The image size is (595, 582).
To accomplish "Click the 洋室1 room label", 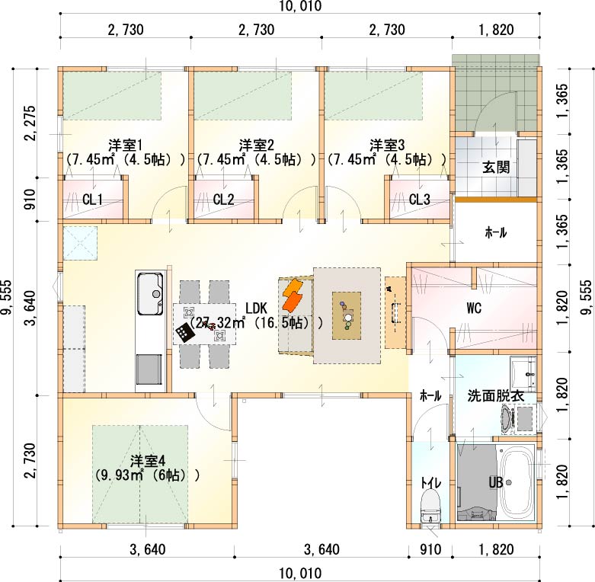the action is click(x=125, y=145).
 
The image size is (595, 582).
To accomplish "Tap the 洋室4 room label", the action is click(x=148, y=462).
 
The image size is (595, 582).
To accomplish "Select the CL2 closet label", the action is click(x=223, y=199).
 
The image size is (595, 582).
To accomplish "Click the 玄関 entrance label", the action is click(x=496, y=168).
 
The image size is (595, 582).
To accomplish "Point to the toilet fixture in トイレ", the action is click(x=430, y=506).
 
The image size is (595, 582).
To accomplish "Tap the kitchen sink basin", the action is click(x=150, y=293).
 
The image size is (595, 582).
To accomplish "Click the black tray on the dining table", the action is click(x=185, y=333).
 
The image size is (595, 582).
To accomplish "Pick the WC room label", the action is click(x=474, y=309).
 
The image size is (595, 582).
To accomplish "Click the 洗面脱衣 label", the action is click(x=496, y=396).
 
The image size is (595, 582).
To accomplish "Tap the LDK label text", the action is click(x=257, y=308).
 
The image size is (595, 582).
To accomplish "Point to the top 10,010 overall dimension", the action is click(x=299, y=6).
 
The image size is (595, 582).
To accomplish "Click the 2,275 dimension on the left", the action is click(x=30, y=123).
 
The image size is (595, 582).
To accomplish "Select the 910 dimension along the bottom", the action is click(x=430, y=549).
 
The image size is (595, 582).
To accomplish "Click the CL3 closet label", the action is click(x=419, y=199).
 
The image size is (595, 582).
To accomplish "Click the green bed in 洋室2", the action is click(x=243, y=96).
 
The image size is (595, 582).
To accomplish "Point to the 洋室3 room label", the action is click(x=387, y=145).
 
